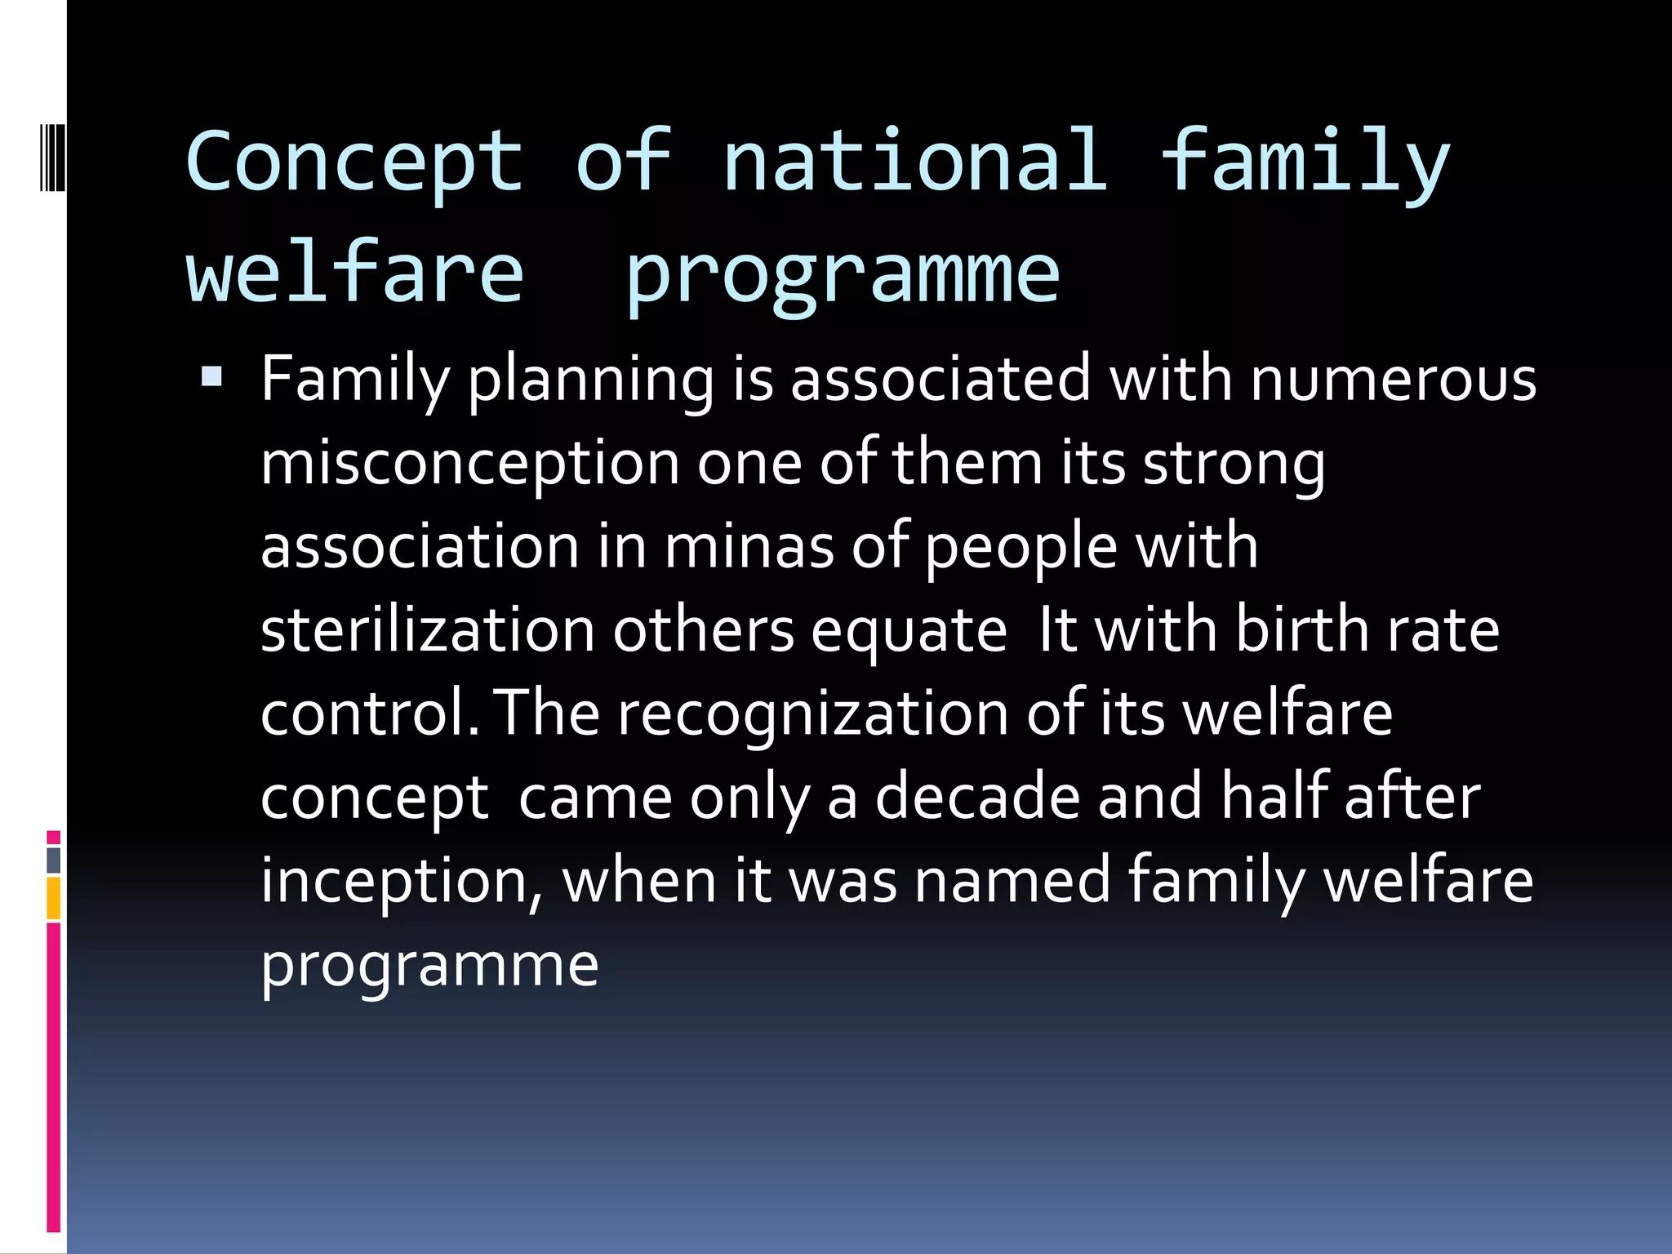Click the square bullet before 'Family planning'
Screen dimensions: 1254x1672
(211, 376)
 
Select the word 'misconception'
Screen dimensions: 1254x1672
(469, 464)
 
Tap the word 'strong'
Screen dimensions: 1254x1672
(1234, 464)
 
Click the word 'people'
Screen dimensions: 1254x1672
(1021, 547)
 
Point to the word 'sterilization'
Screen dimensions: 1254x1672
(427, 630)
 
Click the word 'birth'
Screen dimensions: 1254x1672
(1301, 630)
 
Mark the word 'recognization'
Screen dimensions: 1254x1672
(812, 714)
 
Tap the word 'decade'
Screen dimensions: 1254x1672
(977, 797)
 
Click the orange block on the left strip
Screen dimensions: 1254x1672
(54, 898)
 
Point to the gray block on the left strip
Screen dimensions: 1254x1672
(54, 860)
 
